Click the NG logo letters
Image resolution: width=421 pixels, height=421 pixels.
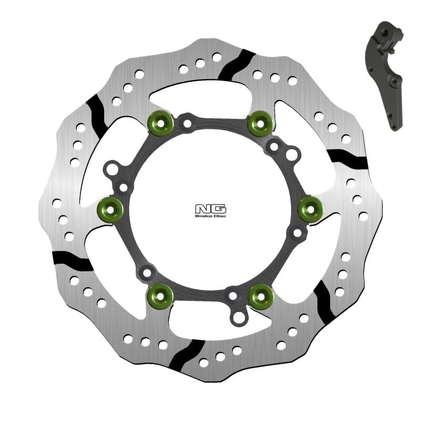210,208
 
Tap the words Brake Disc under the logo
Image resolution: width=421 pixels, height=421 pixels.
210,216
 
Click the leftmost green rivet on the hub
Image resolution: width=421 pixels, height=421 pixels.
111,209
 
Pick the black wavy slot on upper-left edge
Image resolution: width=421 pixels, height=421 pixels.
98,111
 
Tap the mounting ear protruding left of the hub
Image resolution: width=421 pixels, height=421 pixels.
112,169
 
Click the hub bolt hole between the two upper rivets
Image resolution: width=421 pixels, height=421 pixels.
187,124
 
